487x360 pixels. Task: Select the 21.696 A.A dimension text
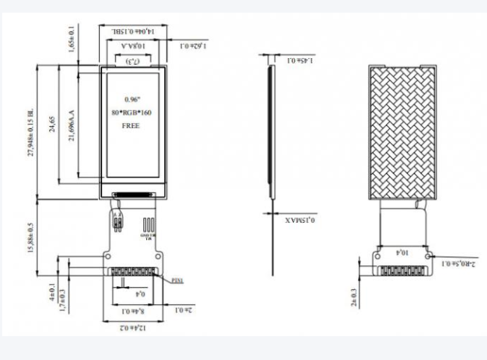click(72, 123)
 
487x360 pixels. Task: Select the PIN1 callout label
click(177, 280)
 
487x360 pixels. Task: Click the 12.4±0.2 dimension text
click(131, 328)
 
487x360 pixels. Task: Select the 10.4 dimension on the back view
click(402, 254)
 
